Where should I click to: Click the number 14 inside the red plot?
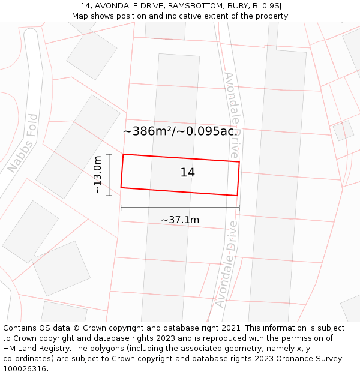[188, 173]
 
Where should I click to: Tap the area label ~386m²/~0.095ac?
[181, 131]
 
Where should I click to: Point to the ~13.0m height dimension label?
[98, 175]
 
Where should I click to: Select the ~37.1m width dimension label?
[180, 220]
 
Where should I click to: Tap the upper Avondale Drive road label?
[231, 115]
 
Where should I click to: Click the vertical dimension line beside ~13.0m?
[109, 175]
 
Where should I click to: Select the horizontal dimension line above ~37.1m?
[180, 208]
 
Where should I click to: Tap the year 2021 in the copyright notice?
[230, 328]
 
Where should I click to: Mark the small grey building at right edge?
[343, 130]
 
